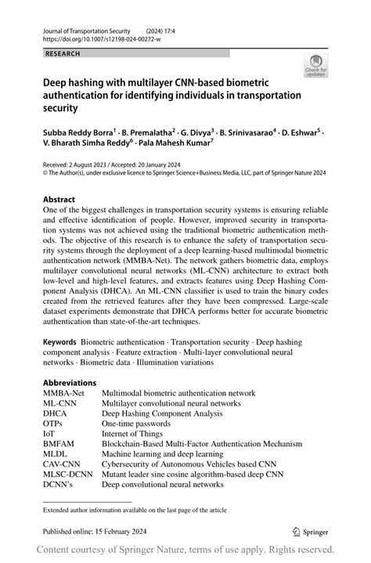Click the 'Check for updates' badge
(315, 66)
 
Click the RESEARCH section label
(63, 53)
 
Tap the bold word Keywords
(59, 342)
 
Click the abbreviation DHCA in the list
(56, 413)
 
